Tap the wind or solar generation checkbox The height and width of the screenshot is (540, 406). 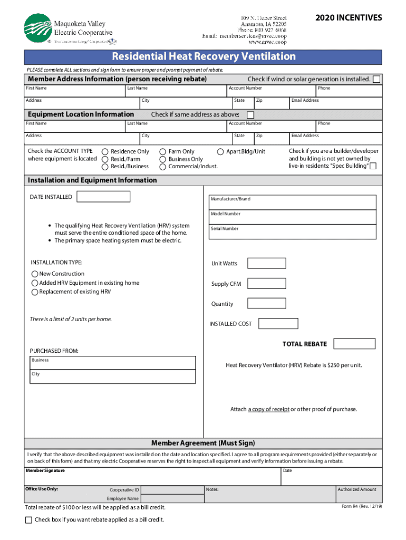tap(376, 79)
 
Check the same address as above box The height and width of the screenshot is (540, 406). tap(250, 115)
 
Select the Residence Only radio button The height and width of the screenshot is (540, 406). tap(105, 152)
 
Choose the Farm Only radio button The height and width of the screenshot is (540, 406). tap(163, 152)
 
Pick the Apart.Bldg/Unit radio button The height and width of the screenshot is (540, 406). tap(220, 152)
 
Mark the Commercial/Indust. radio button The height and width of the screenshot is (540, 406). tap(163, 167)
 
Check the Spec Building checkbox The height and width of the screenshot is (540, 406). tap(373, 167)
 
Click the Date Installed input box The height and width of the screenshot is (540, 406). tap(103, 197)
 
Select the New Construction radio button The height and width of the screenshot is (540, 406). tap(35, 274)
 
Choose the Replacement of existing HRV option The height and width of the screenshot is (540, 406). tap(35, 292)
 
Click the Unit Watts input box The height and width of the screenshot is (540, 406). tap(266, 263)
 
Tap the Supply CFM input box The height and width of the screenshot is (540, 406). tap(266, 284)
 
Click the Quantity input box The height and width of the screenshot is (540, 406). tap(266, 304)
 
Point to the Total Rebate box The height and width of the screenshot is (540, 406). tap(355, 344)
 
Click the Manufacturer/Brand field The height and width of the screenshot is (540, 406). tap(293, 202)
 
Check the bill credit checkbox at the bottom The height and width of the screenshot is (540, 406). tap(29, 520)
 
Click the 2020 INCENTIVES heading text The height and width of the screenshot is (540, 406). tap(349, 18)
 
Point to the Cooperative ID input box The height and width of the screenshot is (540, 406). tap(172, 490)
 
